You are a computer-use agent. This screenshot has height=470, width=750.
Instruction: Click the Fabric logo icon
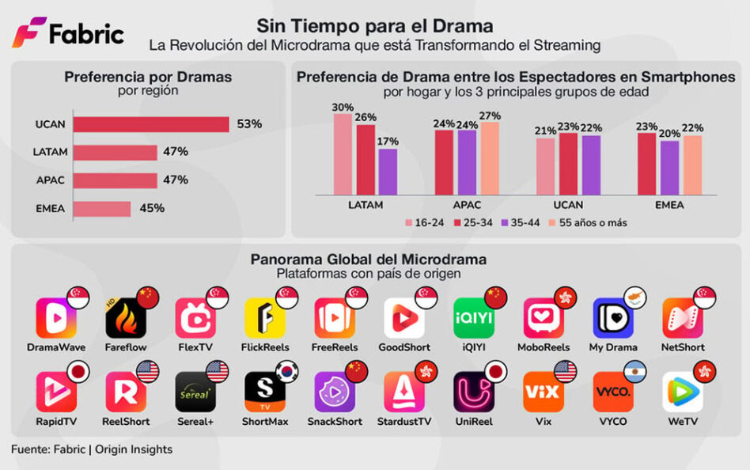pyautogui.click(x=28, y=32)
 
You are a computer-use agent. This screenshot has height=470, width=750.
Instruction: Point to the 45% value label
pyautogui.click(x=152, y=209)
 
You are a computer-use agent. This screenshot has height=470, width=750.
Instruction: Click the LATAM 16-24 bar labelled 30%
pyautogui.click(x=343, y=154)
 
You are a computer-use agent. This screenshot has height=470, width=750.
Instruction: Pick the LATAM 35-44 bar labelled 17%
pyautogui.click(x=388, y=171)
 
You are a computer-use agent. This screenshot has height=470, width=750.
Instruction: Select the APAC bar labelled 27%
pyautogui.click(x=491, y=157)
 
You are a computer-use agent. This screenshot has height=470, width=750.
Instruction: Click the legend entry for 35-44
pyautogui.click(x=521, y=223)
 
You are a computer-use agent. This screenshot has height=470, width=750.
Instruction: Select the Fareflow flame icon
pyautogui.click(x=125, y=318)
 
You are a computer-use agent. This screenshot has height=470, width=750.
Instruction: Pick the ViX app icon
pyautogui.click(x=543, y=392)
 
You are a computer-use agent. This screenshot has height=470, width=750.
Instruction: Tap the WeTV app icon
pyautogui.click(x=682, y=392)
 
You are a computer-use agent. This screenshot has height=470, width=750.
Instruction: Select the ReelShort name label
pyautogui.click(x=125, y=422)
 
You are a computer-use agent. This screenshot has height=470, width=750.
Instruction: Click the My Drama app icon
pyautogui.click(x=612, y=318)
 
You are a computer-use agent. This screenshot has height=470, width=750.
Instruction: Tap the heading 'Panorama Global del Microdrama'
pyautogui.click(x=369, y=260)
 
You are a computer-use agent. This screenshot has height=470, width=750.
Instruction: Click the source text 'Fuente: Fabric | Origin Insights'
pyautogui.click(x=92, y=449)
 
